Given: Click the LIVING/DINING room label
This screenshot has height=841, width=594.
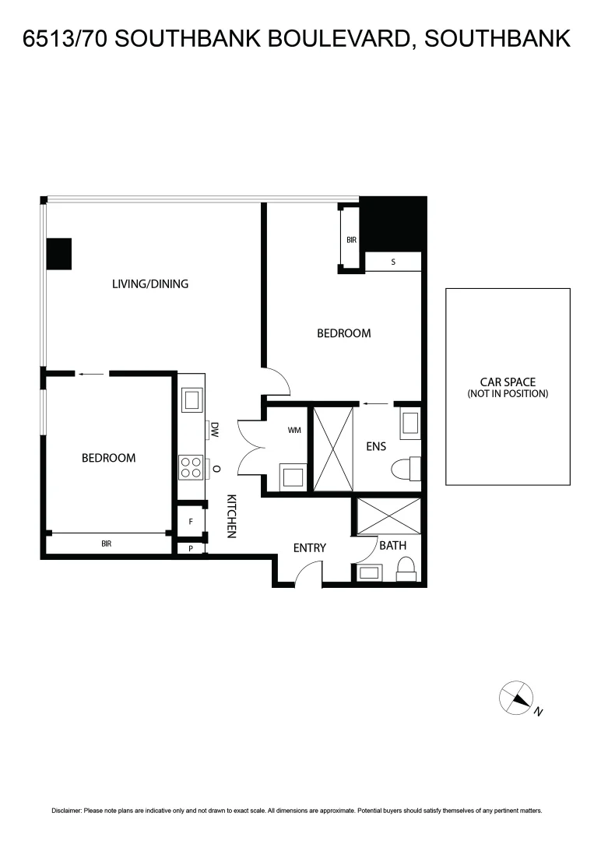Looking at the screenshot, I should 150,283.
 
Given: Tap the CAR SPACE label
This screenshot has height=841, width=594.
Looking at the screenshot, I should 508,382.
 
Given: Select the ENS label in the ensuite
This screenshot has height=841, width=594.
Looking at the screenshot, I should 377,446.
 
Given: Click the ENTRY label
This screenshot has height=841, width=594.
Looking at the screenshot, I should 309,548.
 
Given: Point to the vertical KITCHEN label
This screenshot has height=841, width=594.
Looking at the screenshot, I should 231,516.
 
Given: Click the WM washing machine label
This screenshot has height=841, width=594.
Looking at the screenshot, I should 294,430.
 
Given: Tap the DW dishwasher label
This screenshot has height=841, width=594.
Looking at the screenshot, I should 214,429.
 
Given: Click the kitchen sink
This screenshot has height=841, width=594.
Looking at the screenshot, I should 191,400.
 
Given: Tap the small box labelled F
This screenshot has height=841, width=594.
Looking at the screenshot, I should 191,521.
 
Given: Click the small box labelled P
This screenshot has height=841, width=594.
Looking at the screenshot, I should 191,548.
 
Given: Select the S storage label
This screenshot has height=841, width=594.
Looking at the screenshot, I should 393,262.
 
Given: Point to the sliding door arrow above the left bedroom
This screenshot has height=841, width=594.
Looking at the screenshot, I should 92,375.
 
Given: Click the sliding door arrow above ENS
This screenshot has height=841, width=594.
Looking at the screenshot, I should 376,404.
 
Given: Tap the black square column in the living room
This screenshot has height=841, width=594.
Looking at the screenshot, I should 59,254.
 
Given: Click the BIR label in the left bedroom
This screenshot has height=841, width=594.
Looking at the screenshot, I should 107,544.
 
